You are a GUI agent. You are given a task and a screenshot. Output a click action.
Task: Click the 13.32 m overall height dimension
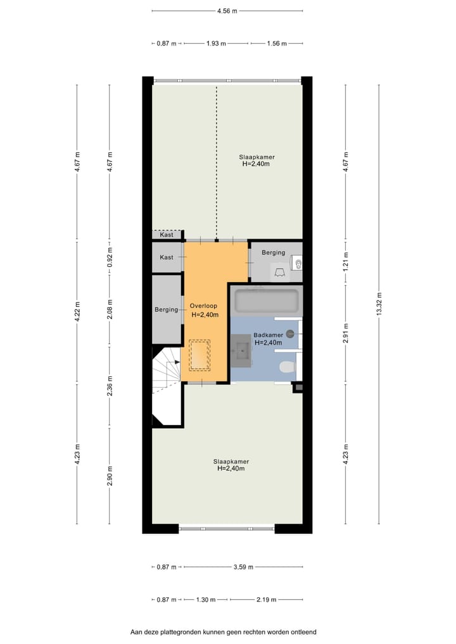coord(379,304)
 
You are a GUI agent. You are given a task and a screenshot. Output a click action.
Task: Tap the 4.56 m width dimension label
coord(227,11)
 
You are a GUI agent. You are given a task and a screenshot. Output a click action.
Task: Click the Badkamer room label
coord(268,335)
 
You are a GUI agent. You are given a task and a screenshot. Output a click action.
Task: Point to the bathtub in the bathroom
coord(266,301)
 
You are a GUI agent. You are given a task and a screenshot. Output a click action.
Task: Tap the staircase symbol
coord(166,373)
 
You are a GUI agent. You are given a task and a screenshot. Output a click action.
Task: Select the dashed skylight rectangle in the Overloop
coord(199,355)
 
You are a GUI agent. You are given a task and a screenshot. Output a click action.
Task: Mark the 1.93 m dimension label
coord(217,44)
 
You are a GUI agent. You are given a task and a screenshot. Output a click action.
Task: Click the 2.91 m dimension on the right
coord(346,334)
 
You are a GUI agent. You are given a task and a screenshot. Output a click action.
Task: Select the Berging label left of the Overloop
coord(167,310)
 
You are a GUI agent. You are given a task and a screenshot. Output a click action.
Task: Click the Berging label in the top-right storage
coord(274,252)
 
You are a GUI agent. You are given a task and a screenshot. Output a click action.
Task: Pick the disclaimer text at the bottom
coord(223,631)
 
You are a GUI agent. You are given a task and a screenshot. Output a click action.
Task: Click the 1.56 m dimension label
coord(276,44)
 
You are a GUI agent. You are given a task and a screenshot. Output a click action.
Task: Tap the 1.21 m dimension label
coord(346,262)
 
